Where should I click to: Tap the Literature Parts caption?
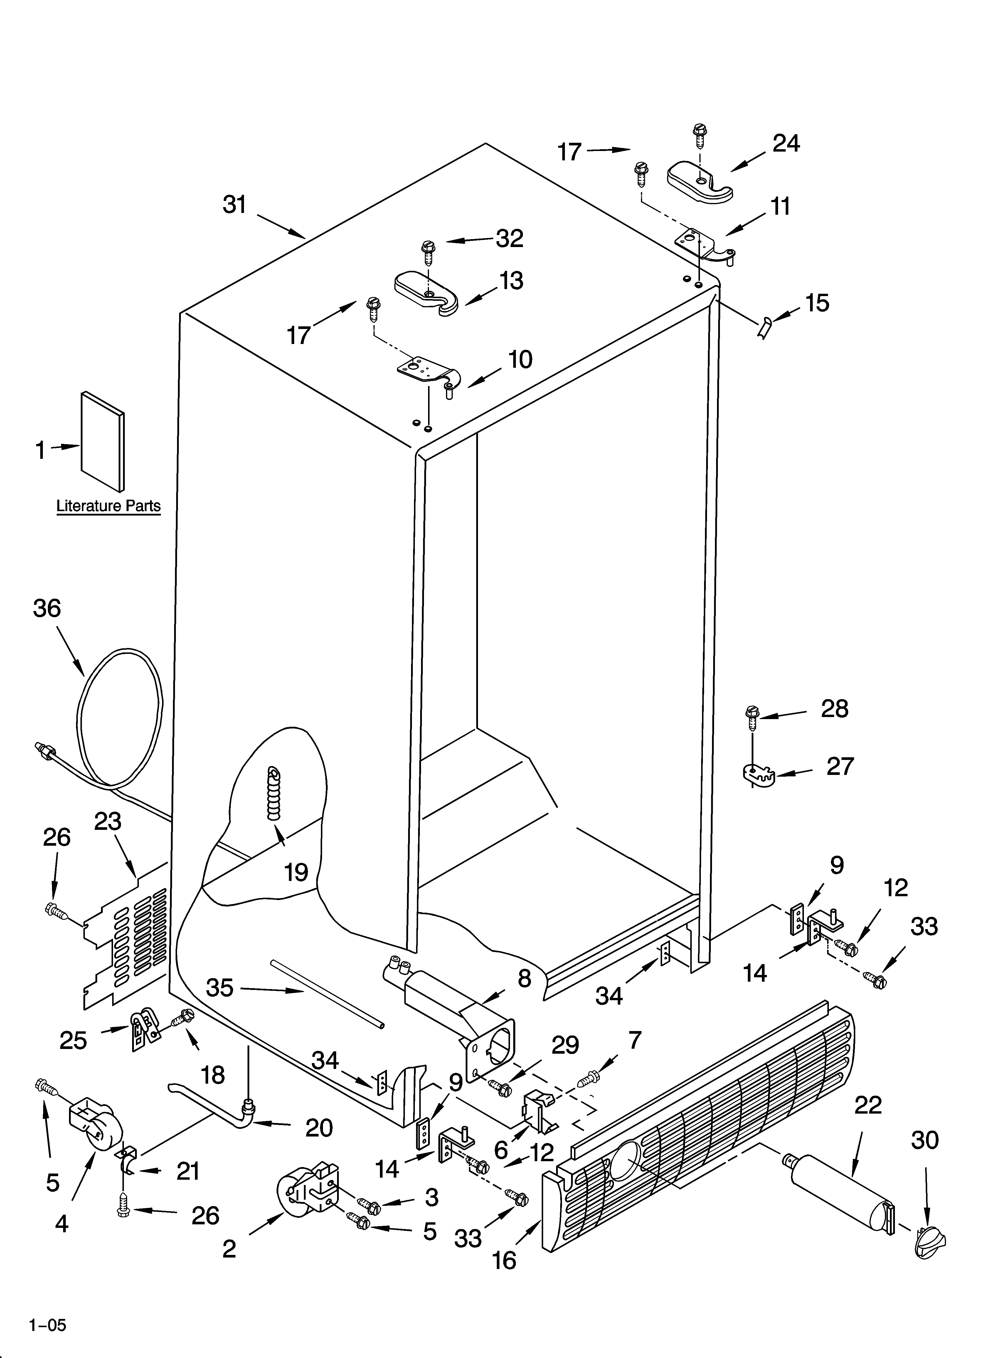coord(108,506)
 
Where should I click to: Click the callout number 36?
coord(47,608)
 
